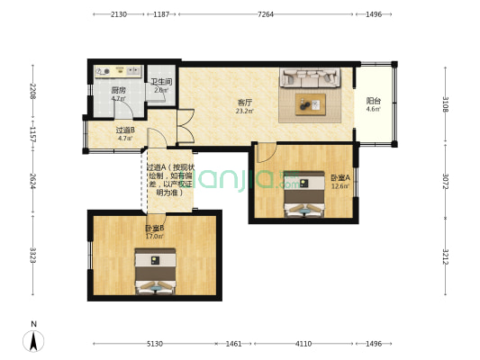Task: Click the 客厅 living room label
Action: click(244, 102)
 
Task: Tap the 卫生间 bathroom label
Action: click(162, 82)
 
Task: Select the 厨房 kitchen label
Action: click(118, 90)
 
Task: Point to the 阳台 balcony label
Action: click(373, 101)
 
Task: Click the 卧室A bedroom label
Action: click(340, 177)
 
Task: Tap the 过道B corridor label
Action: click(125, 130)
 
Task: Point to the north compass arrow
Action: click(34, 339)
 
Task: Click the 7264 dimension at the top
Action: click(266, 14)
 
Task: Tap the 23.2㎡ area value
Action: click(244, 112)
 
